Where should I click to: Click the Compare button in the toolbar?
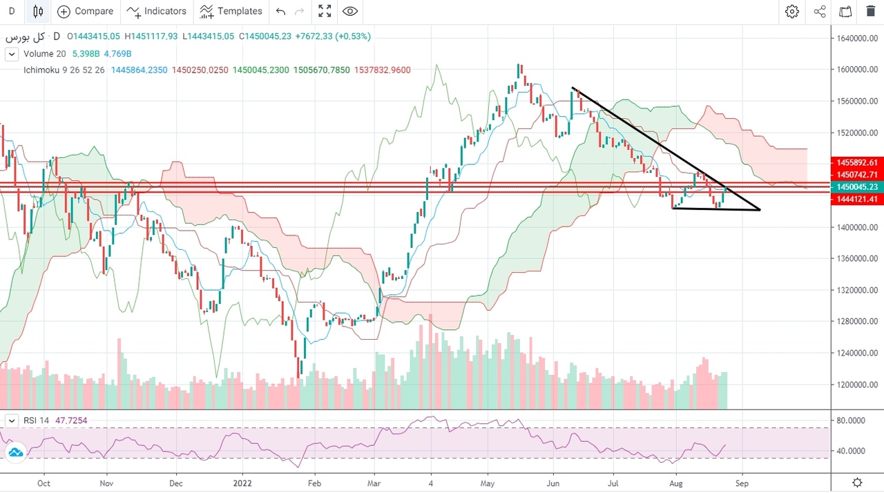pos(86,11)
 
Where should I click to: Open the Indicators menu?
pos(156,11)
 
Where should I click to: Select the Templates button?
pos(231,11)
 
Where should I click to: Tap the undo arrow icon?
pos(280,11)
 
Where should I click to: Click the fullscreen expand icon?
pos(325,11)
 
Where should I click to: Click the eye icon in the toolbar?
pos(350,11)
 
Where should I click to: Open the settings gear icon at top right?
pos(792,11)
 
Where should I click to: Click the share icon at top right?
pos(820,11)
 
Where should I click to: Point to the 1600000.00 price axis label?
pos(856,70)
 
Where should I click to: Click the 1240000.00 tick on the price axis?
pos(856,353)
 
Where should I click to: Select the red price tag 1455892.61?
pos(856,163)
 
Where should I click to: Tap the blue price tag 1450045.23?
pos(856,186)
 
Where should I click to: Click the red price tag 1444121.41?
pos(856,199)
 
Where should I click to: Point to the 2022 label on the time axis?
pos(243,483)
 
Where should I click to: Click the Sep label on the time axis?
pos(742,483)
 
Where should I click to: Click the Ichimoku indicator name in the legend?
pos(44,70)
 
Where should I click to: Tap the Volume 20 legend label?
pos(44,54)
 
